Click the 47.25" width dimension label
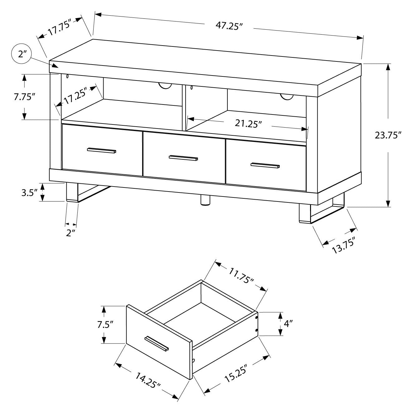(229, 26)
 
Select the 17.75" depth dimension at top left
(60, 27)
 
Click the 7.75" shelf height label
(24, 97)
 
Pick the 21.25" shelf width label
(248, 124)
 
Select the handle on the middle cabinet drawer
(183, 158)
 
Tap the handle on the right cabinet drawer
(265, 165)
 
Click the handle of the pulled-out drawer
(157, 343)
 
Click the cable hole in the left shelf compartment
(165, 86)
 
